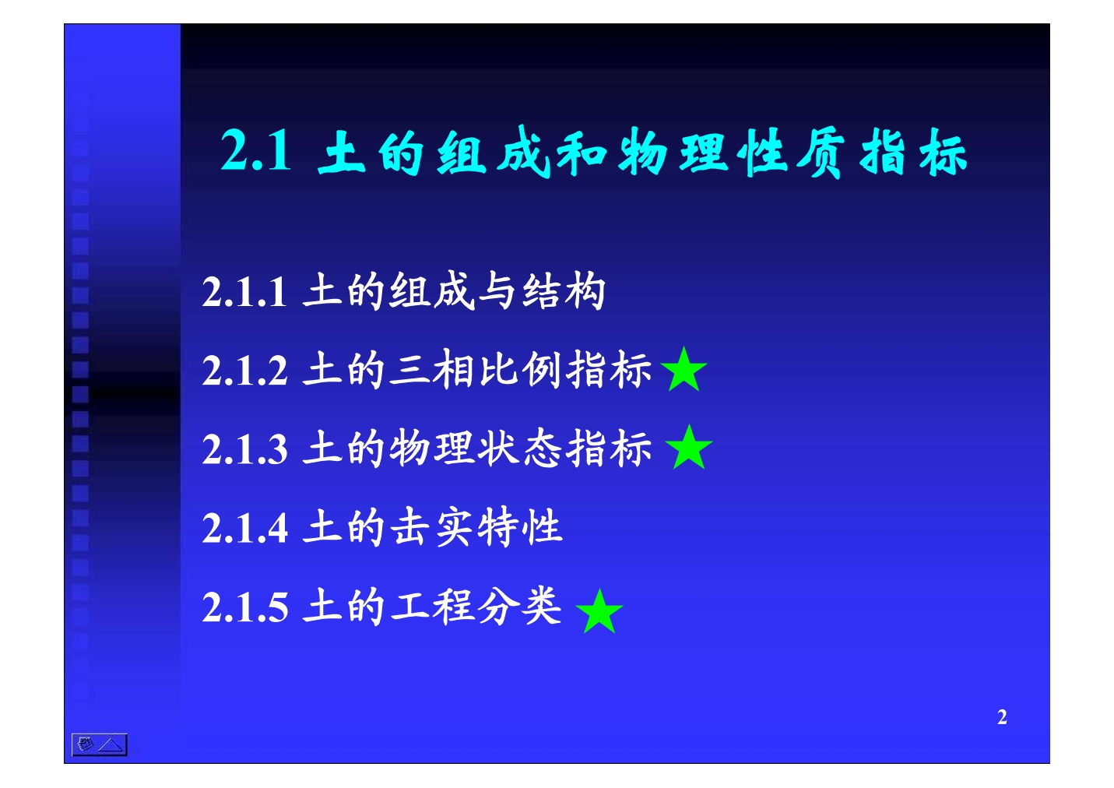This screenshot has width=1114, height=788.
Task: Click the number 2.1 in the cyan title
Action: tap(255, 150)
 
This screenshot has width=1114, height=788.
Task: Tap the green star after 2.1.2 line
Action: tap(684, 370)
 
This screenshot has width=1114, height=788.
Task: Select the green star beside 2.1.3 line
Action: tap(689, 448)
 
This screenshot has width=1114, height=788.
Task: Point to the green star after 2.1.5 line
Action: tap(599, 612)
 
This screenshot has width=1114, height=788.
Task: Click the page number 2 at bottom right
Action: tap(1002, 717)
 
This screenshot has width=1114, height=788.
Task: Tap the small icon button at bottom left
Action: tap(100, 744)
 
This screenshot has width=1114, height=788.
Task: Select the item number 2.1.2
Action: tap(244, 371)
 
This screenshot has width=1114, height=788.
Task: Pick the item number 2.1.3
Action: tap(244, 449)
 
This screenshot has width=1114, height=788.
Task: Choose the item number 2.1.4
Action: tap(244, 528)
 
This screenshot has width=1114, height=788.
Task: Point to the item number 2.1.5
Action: tap(244, 607)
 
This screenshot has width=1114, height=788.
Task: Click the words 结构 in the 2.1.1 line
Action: tap(564, 291)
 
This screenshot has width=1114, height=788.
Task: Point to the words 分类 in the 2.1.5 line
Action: tap(519, 606)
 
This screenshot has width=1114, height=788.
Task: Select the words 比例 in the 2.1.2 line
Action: tap(519, 370)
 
